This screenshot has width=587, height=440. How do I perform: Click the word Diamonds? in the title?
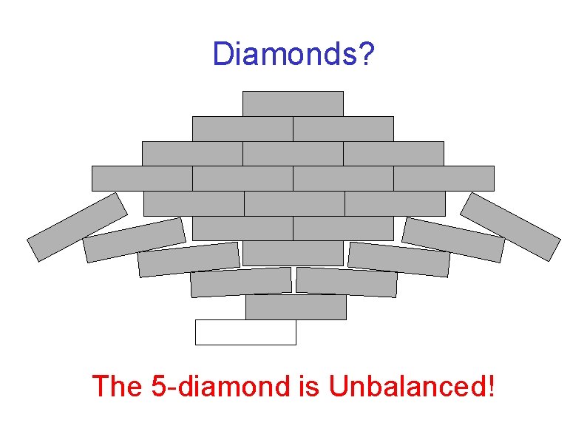point(293,54)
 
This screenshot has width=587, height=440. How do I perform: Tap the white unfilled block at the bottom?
point(245,332)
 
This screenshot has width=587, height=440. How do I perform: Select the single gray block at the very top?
point(293,104)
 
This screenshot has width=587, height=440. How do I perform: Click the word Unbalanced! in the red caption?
point(411,386)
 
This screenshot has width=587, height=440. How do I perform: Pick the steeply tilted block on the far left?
point(78,226)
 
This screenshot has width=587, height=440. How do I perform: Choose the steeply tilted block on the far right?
point(510,226)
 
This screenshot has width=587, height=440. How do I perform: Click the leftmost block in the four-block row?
point(142,178)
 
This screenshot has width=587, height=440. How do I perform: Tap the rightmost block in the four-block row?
point(444,178)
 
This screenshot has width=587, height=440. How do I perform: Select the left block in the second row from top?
point(242,129)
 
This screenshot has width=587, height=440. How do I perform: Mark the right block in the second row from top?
point(343,129)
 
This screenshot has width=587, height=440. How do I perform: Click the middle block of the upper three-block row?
point(293,154)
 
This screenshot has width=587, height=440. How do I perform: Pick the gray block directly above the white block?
point(296,307)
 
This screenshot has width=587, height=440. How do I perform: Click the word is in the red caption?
point(311,386)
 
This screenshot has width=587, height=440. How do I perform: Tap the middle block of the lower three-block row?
point(294,203)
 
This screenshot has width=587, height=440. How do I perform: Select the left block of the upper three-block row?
point(192,154)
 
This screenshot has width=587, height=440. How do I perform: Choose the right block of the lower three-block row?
point(395,203)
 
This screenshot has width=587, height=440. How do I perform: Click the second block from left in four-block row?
point(242,178)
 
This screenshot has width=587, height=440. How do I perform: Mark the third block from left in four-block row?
point(343,178)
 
